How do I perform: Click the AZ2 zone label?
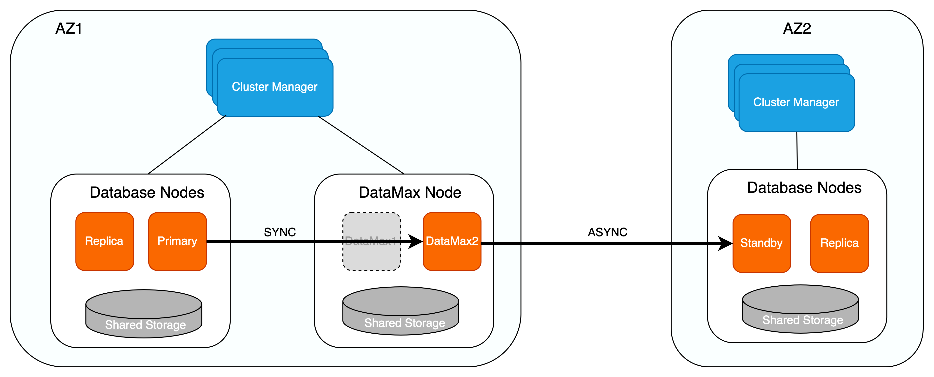click(797, 29)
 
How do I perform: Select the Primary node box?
click(177, 241)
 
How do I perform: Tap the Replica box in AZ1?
click(104, 241)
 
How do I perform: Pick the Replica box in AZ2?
click(839, 243)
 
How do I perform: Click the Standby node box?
click(761, 243)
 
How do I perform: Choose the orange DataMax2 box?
click(452, 241)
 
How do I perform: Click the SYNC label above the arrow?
click(280, 232)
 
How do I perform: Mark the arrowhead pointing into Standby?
click(725, 243)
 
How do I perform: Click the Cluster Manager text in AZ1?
click(274, 87)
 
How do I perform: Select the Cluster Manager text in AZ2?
click(796, 102)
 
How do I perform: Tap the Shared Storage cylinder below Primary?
click(144, 314)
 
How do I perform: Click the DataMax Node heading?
click(410, 192)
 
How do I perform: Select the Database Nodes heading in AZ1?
click(147, 192)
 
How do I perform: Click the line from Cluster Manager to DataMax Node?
click(361, 145)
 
